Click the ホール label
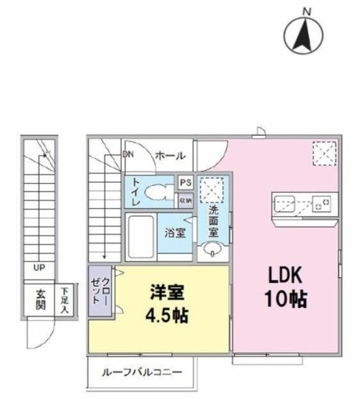(168, 155)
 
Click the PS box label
(185, 183)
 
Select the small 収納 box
(185, 201)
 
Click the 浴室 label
(175, 233)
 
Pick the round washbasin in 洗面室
(212, 251)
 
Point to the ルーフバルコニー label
(142, 372)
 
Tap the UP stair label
(39, 269)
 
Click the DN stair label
(128, 155)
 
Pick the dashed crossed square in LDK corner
(324, 153)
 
